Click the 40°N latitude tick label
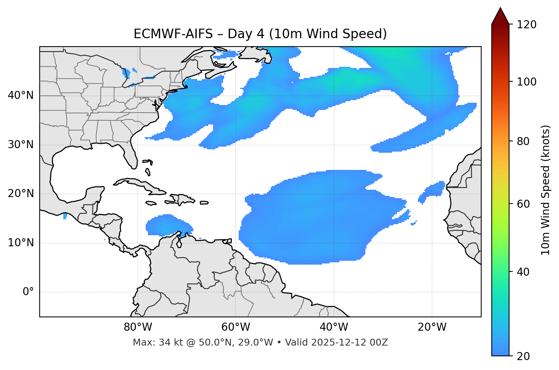(x=21, y=95)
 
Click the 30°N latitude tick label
(x=21, y=145)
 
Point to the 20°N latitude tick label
(x=21, y=194)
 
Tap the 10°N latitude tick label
(x=21, y=243)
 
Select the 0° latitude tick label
(x=28, y=292)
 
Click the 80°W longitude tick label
(x=138, y=327)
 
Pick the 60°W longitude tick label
(x=236, y=327)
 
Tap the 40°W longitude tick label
(x=334, y=327)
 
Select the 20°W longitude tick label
(x=432, y=327)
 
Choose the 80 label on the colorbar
(x=525, y=141)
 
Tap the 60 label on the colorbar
(x=525, y=204)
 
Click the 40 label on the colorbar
(x=525, y=272)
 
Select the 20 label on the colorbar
(x=525, y=356)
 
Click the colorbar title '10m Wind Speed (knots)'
(x=546, y=190)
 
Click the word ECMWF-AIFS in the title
(x=173, y=34)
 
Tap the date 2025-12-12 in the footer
(x=336, y=343)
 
